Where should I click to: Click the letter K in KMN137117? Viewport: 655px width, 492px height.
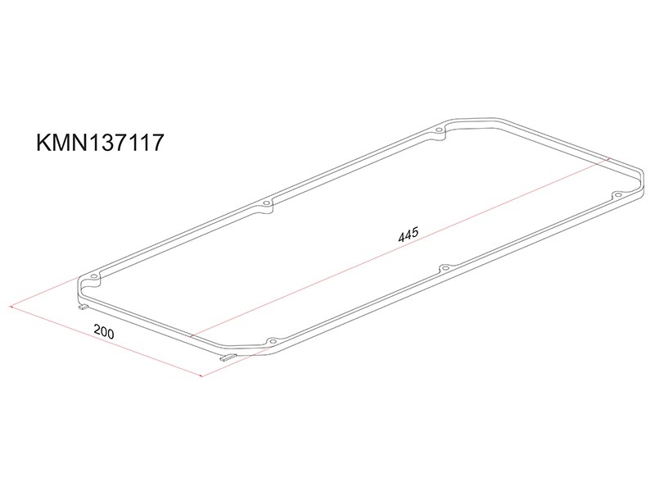[x=44, y=142]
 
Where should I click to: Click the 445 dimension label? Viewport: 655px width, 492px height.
[x=408, y=235]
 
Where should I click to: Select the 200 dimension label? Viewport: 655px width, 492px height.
[x=104, y=331]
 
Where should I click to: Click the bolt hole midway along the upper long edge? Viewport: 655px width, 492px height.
[x=266, y=203]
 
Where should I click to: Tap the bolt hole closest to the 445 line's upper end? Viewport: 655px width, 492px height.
[x=617, y=194]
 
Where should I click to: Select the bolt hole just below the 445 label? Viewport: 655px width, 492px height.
[x=445, y=268]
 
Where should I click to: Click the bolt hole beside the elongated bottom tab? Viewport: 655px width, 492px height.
[x=273, y=342]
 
